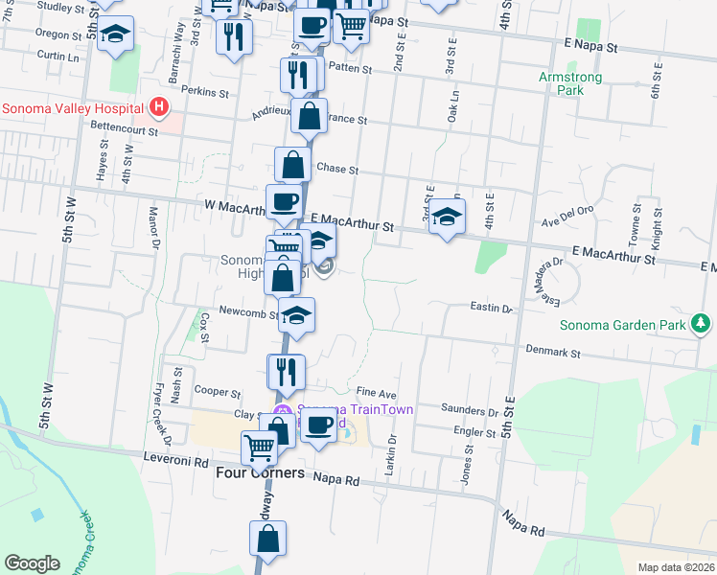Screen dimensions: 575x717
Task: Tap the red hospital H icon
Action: pos(159,107)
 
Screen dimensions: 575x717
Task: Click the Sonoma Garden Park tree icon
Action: pos(703,324)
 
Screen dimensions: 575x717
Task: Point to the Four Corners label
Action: pos(260,473)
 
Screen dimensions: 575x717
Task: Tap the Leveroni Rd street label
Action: pos(175,461)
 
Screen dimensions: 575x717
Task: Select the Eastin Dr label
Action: pos(492,309)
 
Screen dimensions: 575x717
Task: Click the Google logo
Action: pos(33,563)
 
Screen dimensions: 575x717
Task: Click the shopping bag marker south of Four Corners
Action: pos(268,540)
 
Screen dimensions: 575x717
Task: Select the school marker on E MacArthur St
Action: pos(447,217)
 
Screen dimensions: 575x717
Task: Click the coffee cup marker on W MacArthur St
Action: pos(284,201)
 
